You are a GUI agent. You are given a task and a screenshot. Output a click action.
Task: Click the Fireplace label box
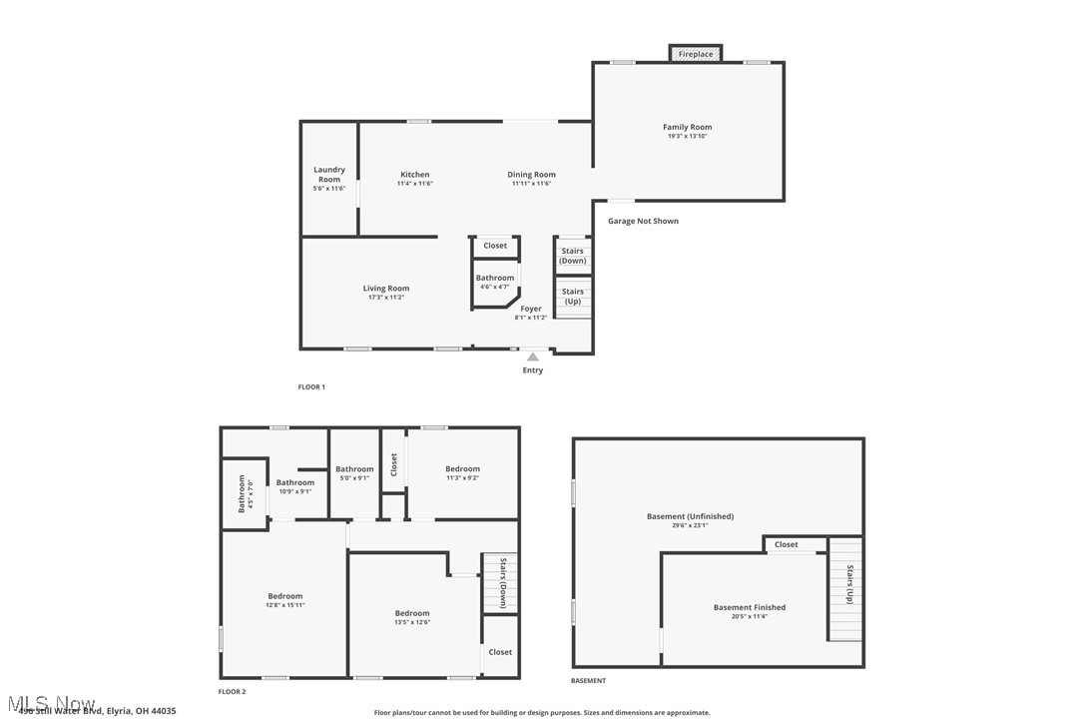[696, 54]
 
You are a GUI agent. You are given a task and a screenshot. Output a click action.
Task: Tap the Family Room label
[688, 127]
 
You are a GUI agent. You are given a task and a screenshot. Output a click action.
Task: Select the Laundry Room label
[329, 174]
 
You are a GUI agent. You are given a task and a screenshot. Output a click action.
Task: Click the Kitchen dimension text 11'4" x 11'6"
[414, 184]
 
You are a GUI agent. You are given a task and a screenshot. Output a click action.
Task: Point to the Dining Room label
[531, 175]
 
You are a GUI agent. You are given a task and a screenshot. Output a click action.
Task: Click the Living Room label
[386, 289]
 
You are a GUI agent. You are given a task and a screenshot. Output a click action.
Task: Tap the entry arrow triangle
[533, 357]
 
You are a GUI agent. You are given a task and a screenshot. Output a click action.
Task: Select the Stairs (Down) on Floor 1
[573, 256]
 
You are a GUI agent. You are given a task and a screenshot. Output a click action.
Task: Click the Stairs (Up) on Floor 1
[573, 297]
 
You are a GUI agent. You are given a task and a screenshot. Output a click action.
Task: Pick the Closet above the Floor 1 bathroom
[495, 246]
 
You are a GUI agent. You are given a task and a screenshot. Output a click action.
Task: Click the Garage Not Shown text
[643, 221]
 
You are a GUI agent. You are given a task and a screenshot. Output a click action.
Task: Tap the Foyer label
[531, 309]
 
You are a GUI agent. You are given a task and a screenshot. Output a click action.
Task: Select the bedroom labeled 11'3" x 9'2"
[462, 469]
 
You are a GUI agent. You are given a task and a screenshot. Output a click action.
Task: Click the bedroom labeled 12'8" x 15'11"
[284, 596]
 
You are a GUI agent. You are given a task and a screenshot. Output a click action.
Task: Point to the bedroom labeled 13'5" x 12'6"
[412, 613]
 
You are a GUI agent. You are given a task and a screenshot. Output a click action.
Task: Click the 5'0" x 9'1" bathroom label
[354, 469]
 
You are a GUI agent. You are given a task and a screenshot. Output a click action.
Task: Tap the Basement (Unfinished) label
[690, 516]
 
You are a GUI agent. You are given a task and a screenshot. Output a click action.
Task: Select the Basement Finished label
[749, 607]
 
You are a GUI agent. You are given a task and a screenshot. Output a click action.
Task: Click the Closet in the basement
[787, 544]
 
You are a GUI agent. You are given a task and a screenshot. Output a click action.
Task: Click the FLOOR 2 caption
[232, 691]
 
